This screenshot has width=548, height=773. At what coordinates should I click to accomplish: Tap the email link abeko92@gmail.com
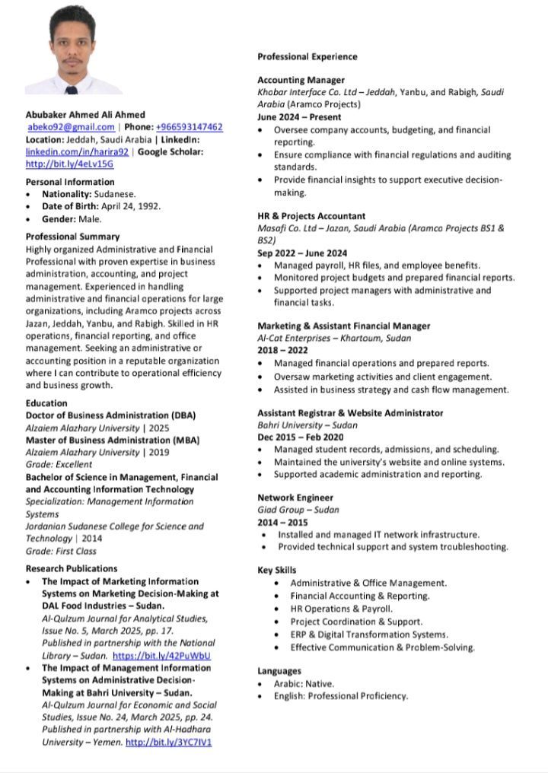point(71,127)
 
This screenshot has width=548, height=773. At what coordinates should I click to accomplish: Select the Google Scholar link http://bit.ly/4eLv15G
point(69,164)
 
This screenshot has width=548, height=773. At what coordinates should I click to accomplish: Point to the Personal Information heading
point(70,182)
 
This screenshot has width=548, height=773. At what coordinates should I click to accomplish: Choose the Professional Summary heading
point(72,237)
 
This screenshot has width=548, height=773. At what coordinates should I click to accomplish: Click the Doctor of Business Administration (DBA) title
point(111,415)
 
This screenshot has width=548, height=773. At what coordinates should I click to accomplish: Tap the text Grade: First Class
point(61,551)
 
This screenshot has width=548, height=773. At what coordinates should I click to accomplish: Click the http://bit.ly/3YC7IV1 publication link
point(168,742)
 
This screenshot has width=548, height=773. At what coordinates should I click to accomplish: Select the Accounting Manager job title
point(301,80)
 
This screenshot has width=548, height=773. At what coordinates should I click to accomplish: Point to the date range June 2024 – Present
point(299,117)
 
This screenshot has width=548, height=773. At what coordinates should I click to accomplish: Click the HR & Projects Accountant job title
point(311,216)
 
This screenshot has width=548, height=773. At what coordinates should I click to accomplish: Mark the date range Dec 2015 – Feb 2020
point(300,437)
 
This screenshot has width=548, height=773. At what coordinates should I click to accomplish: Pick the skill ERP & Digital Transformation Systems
point(369,635)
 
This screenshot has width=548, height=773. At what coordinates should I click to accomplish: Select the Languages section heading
point(279,671)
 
